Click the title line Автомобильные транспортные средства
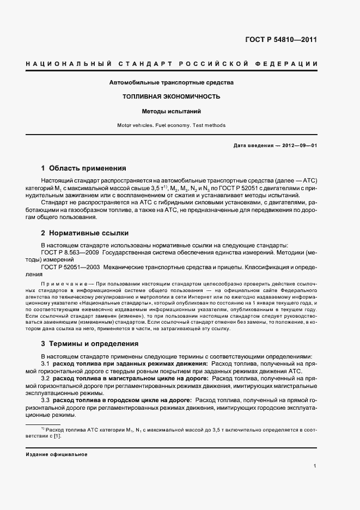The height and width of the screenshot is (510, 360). point(172,83)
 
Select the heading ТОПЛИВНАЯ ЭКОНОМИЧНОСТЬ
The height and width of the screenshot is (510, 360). point(172,97)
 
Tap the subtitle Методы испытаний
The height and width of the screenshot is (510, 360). point(172,111)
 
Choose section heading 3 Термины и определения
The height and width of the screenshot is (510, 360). point(90,344)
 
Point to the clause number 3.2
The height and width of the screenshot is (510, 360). point(46,378)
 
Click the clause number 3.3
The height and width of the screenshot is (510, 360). point(46,400)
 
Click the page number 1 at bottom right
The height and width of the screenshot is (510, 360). point(315,466)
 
